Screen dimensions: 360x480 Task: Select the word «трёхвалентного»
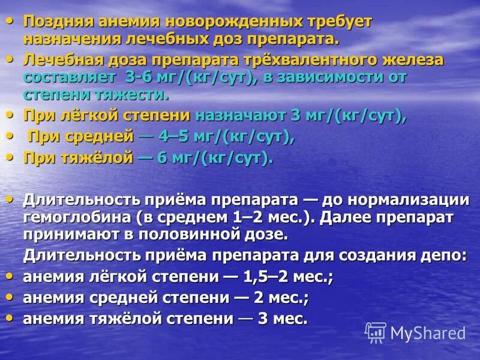302,60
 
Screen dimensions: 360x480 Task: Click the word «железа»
410,60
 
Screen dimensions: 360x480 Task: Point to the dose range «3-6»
139,77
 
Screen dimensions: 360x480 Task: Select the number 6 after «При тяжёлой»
162,158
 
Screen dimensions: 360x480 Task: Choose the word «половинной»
198,233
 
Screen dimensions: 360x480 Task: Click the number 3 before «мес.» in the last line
262,319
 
